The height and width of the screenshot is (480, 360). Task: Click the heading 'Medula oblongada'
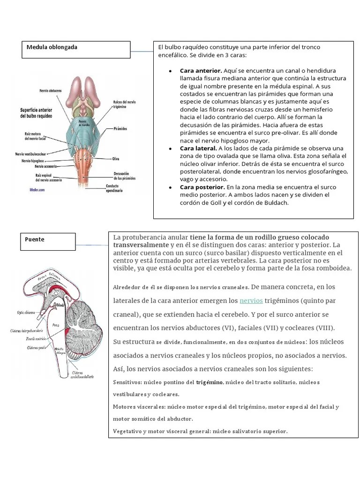[52, 47]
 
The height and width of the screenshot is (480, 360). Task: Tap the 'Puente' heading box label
[35, 240]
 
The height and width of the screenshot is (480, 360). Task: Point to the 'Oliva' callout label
[116, 158]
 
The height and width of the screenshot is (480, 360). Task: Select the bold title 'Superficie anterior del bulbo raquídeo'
[36, 112]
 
